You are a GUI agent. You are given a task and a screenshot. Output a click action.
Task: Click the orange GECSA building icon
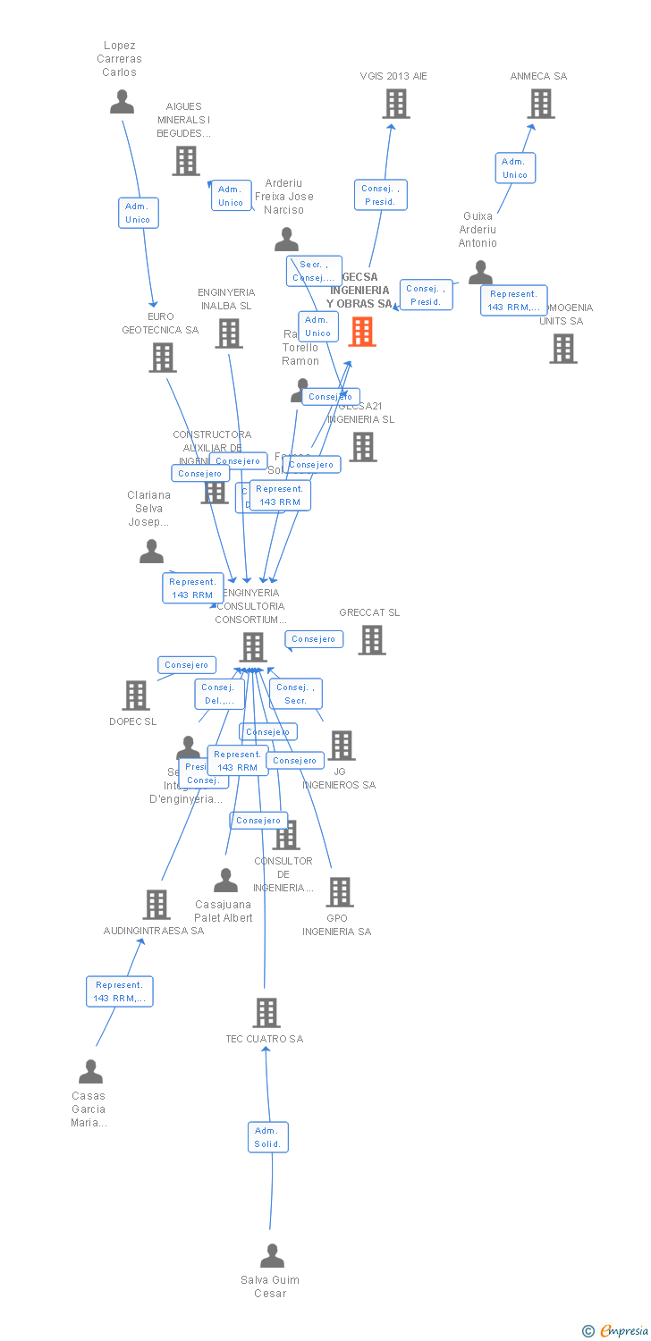tap(362, 332)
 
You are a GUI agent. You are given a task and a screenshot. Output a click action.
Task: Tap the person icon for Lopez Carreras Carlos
tap(122, 101)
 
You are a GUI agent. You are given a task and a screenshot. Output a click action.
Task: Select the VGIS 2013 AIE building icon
tap(395, 104)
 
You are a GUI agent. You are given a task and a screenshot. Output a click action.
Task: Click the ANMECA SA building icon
tap(540, 104)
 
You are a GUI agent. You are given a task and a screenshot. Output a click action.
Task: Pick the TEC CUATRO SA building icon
tap(266, 1013)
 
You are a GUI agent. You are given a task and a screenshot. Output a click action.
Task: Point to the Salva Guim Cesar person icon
tap(272, 1255)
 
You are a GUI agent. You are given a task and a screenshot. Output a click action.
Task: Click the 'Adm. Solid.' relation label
tap(267, 1137)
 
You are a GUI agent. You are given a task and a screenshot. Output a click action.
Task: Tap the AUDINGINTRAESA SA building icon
tap(156, 905)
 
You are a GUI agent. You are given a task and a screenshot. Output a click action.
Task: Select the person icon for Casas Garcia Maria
tap(90, 1071)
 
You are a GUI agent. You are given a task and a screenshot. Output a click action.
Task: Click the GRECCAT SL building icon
tap(372, 639)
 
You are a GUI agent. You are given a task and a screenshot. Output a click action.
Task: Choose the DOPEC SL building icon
tap(136, 695)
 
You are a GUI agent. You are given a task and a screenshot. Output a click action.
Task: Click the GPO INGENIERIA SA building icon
tap(339, 891)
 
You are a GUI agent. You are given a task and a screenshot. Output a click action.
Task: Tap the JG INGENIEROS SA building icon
tap(341, 745)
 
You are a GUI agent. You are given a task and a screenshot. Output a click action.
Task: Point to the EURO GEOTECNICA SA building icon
tap(162, 358)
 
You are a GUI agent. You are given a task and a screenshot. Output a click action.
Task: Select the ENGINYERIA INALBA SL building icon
tap(229, 333)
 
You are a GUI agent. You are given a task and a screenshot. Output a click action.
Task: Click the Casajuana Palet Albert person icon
tap(225, 881)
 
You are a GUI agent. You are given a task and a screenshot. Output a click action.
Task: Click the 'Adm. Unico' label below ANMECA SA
tap(515, 168)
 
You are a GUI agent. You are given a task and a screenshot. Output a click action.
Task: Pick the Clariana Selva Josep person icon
tap(151, 552)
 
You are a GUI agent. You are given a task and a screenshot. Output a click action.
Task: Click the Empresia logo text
tap(623, 1331)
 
